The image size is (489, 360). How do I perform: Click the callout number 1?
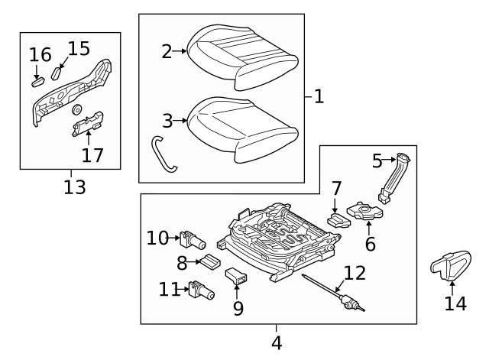pos(319,97)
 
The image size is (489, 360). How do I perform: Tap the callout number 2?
pos(167,51)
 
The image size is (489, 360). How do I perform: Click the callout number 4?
pos(277,342)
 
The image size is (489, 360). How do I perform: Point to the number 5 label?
pos(377,161)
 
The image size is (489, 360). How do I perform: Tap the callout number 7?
pos(335,188)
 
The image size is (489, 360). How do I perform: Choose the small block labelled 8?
pos(209,264)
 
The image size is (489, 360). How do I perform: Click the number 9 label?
pos(238,308)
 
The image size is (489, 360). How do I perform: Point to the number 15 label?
pos(79,49)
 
